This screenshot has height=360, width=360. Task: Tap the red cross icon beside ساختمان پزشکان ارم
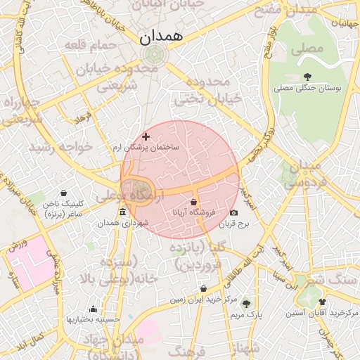coord(146,136)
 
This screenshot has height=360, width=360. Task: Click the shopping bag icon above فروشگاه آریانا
coord(193,202)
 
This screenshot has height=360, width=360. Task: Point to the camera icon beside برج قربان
coord(234,212)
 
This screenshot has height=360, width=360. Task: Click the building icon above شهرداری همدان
coord(123,212)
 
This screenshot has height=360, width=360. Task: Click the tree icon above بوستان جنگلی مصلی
coord(307,77)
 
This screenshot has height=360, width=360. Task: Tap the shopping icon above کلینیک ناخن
coord(64,193)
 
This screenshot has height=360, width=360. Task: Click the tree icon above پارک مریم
coord(245,304)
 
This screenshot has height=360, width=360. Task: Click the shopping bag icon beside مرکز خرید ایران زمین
coord(203,288)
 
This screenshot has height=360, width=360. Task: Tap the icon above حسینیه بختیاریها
coord(93,309)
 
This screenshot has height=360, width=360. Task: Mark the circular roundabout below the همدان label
coord(150,55)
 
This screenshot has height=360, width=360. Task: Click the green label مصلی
coord(310,49)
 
